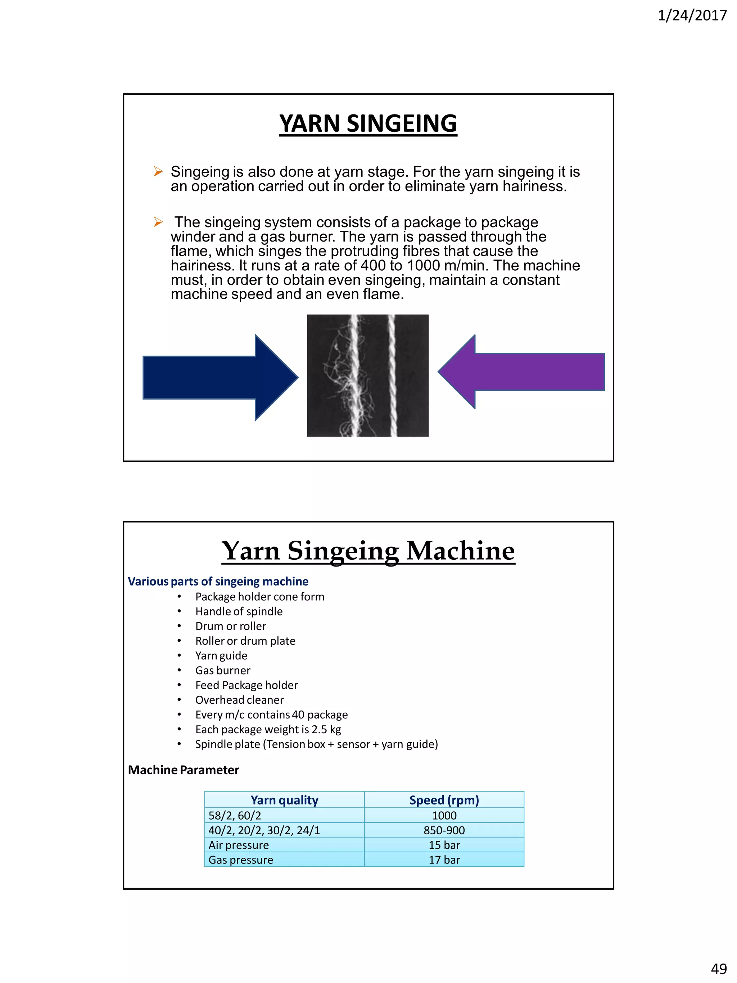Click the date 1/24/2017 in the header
[692, 16]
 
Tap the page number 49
[719, 968]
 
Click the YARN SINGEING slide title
[368, 123]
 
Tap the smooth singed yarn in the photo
[392, 375]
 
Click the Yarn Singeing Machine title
[368, 551]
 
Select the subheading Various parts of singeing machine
[218, 581]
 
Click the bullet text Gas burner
[222, 670]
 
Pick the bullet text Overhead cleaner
[239, 700]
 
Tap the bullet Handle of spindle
[239, 612]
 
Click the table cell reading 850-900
[444, 830]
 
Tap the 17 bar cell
[444, 860]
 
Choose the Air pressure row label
[239, 845]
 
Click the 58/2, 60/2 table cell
[235, 816]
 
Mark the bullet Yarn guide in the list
[221, 655]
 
